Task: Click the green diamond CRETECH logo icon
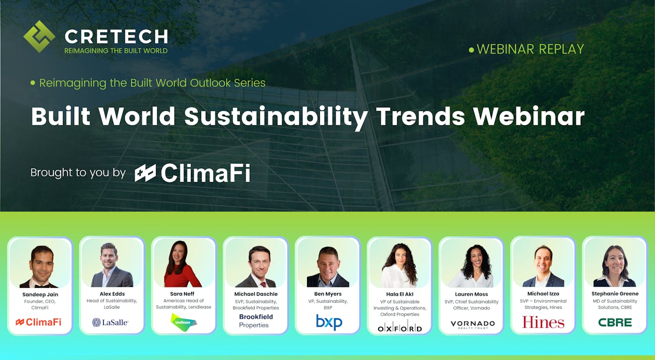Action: (39, 36)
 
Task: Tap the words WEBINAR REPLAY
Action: (530, 49)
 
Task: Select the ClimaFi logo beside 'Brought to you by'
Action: (192, 173)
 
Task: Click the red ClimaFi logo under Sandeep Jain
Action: (39, 322)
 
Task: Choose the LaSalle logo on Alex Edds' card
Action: (111, 322)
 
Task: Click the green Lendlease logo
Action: (183, 323)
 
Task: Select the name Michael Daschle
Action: (255, 294)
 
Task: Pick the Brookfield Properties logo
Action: (256, 321)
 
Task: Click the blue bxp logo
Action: (329, 322)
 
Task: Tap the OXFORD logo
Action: (400, 328)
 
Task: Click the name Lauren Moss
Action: (472, 294)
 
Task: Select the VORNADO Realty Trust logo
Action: (472, 324)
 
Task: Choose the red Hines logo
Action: (543, 322)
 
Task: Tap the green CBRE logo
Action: (615, 322)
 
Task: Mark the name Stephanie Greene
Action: (615, 294)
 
